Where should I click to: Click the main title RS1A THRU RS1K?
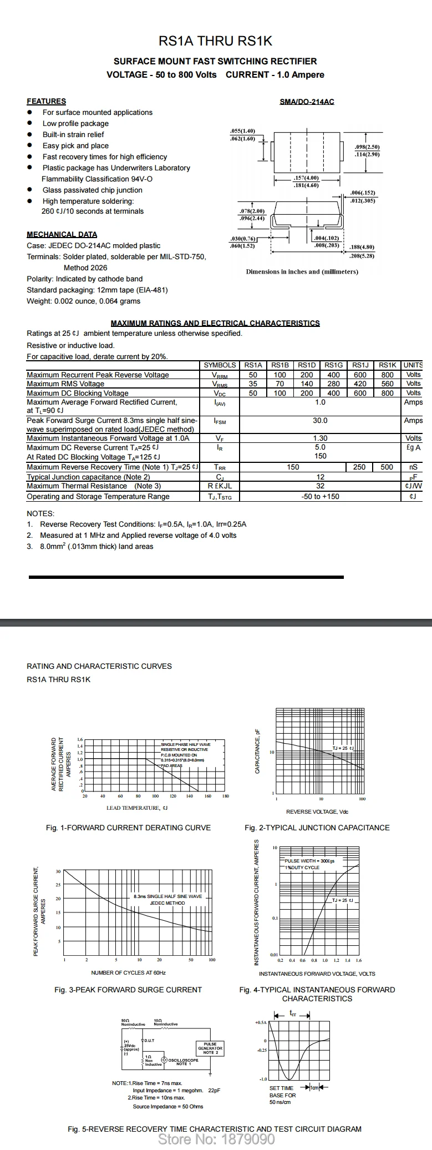215,41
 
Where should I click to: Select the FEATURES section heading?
46,101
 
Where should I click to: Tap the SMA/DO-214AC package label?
307,102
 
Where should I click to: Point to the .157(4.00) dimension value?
306,178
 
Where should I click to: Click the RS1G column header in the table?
333,365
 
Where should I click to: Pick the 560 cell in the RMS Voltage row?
387,384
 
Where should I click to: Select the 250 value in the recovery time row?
359,467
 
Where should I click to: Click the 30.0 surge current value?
320,421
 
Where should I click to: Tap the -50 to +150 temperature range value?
320,496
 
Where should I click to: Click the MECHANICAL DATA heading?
62,234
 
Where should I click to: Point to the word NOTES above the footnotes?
40,513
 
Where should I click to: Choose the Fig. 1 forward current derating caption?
128,828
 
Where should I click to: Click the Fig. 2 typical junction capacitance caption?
317,828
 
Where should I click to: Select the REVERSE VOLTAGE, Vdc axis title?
317,812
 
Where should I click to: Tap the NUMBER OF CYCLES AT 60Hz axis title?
128,972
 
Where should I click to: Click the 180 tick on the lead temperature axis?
225,796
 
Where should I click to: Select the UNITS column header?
413,365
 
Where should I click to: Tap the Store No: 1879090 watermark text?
216,1139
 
